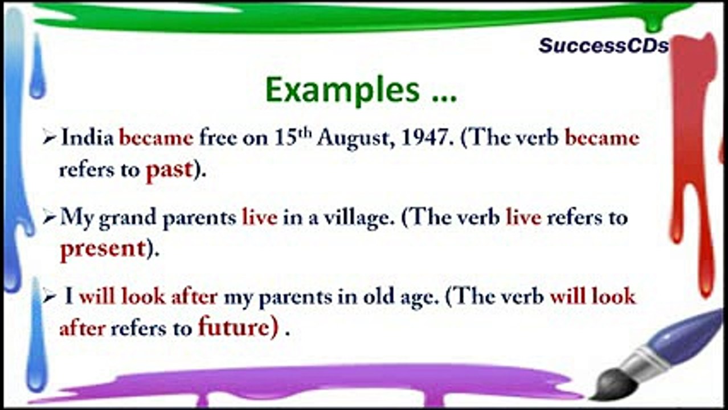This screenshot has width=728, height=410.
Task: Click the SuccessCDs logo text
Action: click(603, 46)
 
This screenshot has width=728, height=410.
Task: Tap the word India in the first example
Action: click(87, 137)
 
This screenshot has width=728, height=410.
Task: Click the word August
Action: click(357, 140)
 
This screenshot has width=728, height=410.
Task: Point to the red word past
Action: click(169, 170)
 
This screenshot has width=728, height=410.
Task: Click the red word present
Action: click(103, 250)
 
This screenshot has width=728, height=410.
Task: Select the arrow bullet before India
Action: click(49, 138)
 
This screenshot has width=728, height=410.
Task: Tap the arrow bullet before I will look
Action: click(49, 297)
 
